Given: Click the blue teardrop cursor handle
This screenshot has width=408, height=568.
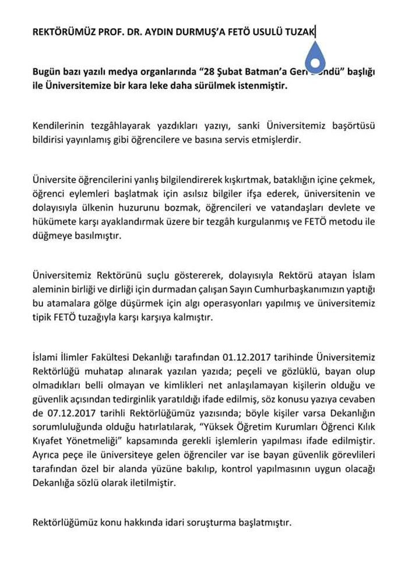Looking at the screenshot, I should pyautogui.click(x=315, y=58).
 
